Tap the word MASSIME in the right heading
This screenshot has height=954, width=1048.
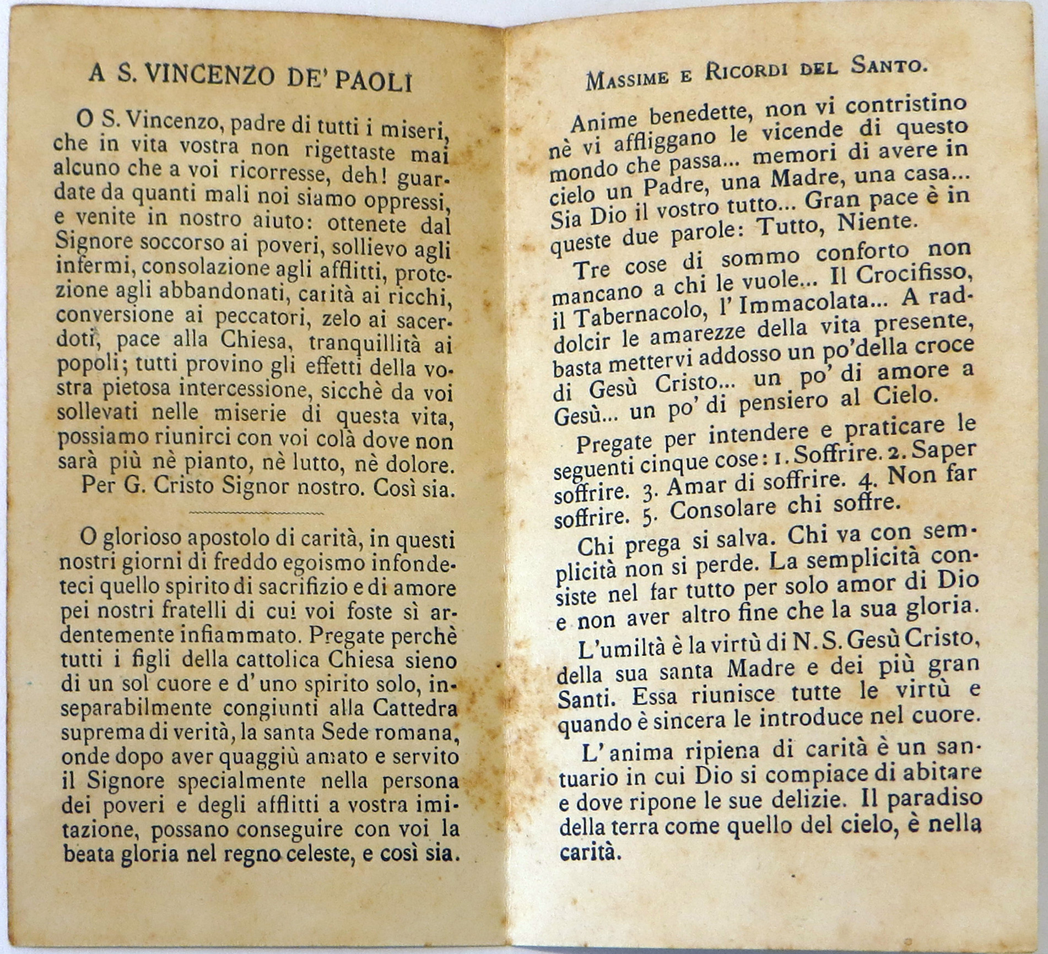tap(627, 79)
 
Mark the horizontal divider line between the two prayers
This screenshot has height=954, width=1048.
tap(256, 513)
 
